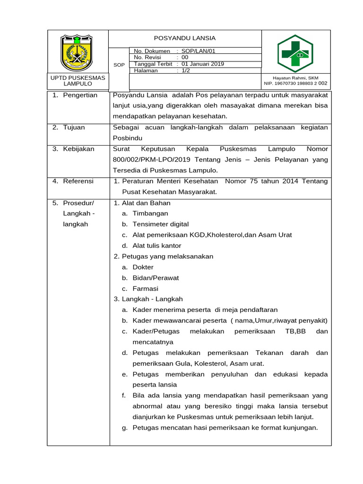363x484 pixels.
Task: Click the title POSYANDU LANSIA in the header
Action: click(x=185, y=38)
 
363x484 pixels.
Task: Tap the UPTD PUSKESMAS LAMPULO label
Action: click(x=78, y=80)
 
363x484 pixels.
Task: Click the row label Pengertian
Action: click(x=80, y=95)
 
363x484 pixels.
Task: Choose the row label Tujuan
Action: click(x=75, y=127)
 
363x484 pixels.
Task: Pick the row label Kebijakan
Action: click(x=79, y=149)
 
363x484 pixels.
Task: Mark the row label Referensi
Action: click(x=78, y=181)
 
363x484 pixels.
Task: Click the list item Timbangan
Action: click(x=150, y=214)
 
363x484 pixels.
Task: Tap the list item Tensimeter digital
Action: click(x=161, y=224)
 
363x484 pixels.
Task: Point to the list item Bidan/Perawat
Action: click(x=156, y=278)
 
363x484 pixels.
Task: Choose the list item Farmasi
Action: click(x=146, y=289)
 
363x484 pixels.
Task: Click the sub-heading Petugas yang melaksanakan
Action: click(x=167, y=256)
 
